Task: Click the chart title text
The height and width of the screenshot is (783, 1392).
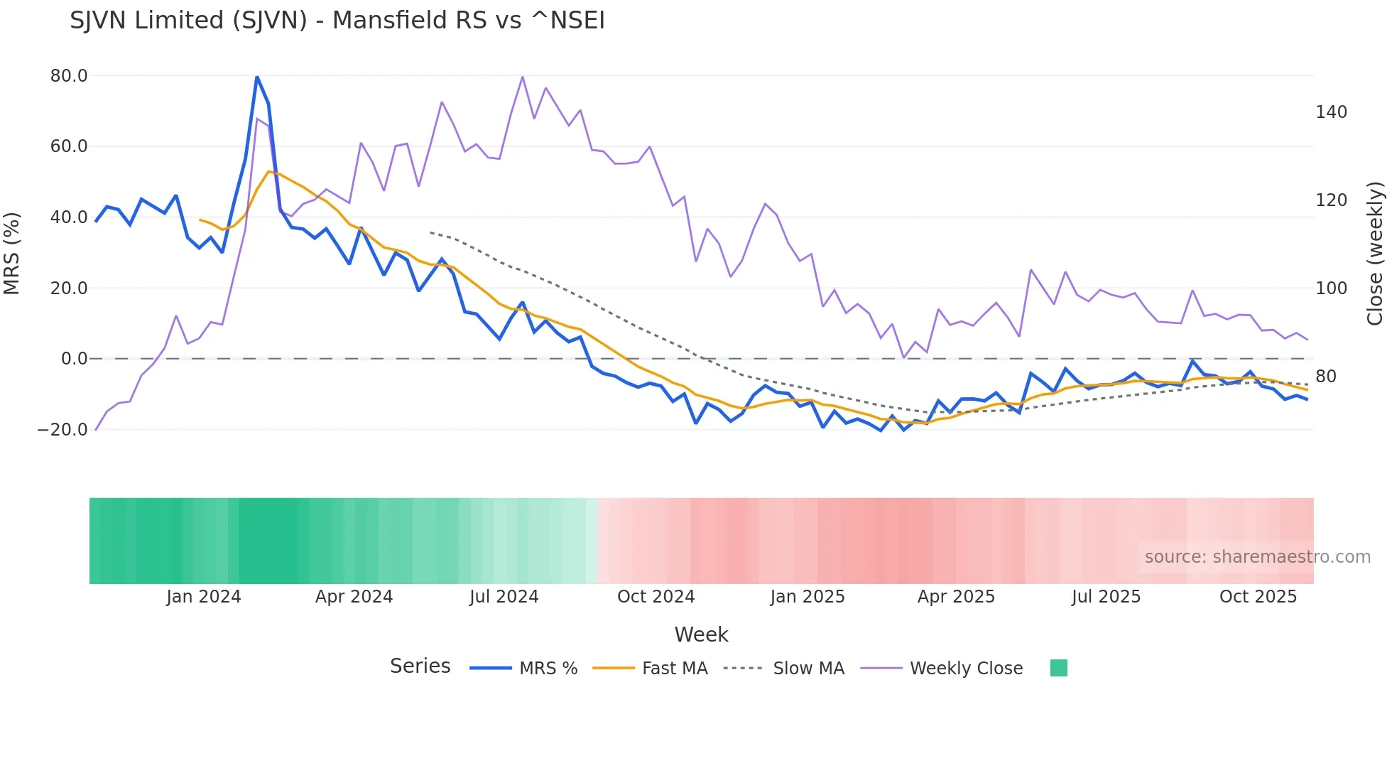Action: (337, 21)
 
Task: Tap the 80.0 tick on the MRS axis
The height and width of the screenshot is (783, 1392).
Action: (69, 76)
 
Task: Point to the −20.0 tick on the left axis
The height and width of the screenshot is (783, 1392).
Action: (62, 430)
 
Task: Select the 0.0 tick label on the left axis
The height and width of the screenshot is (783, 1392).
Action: (75, 359)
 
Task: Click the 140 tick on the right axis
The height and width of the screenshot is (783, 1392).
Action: (1331, 112)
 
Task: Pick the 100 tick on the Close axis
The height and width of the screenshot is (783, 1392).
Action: (1331, 288)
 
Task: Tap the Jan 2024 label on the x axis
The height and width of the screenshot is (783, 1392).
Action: (204, 597)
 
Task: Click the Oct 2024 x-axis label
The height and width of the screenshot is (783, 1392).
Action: (656, 597)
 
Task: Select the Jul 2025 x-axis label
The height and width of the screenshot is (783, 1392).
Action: (1106, 597)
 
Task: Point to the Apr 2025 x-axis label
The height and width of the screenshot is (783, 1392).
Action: (956, 597)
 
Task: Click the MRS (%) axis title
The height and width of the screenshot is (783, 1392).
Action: (12, 253)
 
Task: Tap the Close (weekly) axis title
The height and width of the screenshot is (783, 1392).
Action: (1376, 253)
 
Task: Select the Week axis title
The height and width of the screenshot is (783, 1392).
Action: (701, 634)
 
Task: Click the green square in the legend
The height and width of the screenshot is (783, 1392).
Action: (1058, 668)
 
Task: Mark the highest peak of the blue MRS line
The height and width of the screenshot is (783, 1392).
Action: (256, 77)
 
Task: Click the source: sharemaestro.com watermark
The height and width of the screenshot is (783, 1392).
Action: (1257, 557)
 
